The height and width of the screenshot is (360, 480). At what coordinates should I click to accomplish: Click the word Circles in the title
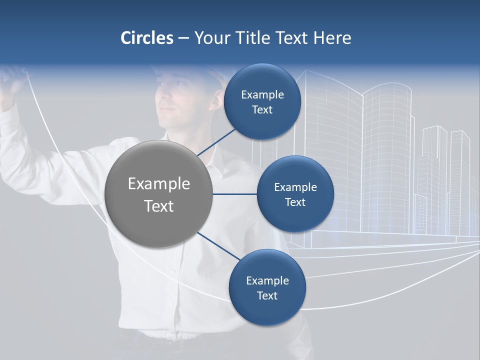pyautogui.click(x=146, y=38)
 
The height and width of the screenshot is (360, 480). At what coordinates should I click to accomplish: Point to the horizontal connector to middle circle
pyautogui.click(x=234, y=194)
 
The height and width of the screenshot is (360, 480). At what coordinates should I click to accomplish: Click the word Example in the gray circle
pyautogui.click(x=158, y=183)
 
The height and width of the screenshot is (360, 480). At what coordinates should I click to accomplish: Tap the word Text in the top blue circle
pyautogui.click(x=262, y=109)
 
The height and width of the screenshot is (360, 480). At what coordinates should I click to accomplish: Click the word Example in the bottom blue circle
pyautogui.click(x=267, y=280)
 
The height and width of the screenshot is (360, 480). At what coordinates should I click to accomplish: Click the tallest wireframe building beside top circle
pyautogui.click(x=330, y=150)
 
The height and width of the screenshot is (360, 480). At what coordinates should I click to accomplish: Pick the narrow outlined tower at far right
pyautogui.click(x=459, y=175)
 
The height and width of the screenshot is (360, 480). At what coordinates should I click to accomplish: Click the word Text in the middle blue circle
pyautogui.click(x=295, y=202)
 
